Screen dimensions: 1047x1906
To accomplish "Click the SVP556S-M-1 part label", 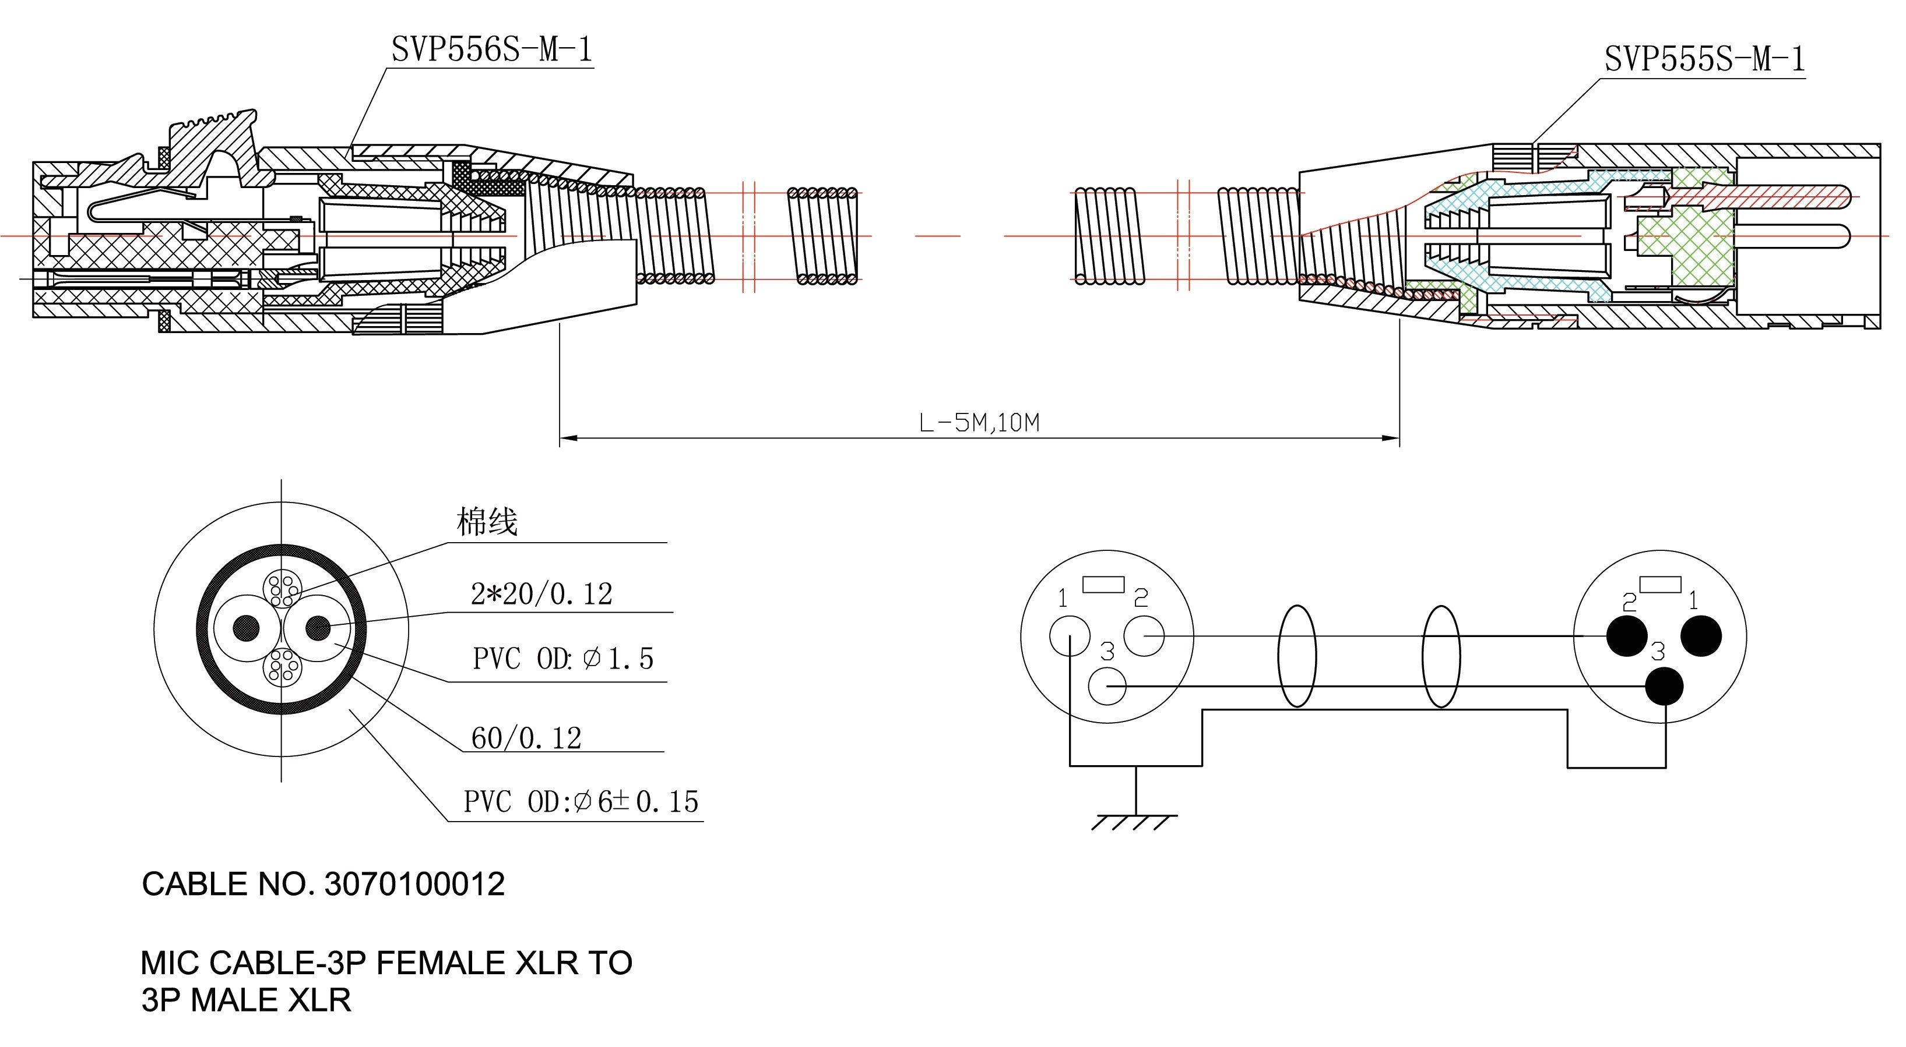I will pyautogui.click(x=491, y=50).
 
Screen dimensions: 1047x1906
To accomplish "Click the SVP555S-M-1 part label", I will pyautogui.click(x=1704, y=59).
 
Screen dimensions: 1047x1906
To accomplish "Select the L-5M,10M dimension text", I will pyautogui.click(x=979, y=423).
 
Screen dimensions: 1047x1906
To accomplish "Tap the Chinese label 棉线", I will pyautogui.click(x=487, y=522).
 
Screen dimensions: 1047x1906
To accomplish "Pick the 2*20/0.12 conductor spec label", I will pyautogui.click(x=541, y=595).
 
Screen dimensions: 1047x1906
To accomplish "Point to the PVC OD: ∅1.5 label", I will pyautogui.click(x=562, y=659).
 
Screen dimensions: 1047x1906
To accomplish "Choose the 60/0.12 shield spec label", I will pyautogui.click(x=526, y=738).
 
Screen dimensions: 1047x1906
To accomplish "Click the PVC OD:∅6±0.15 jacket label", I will pyautogui.click(x=581, y=801).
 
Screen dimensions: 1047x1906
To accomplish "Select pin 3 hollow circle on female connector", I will pyautogui.click(x=1107, y=686).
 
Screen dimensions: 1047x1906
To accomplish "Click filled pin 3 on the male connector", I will pyautogui.click(x=1664, y=686).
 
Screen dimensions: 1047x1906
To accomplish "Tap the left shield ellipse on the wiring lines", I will pyautogui.click(x=1297, y=656).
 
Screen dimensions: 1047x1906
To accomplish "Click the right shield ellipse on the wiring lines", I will pyautogui.click(x=1441, y=656).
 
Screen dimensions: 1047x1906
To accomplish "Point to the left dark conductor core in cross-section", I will pyautogui.click(x=247, y=628).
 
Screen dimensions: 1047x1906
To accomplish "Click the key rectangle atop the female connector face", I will pyautogui.click(x=1103, y=585).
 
